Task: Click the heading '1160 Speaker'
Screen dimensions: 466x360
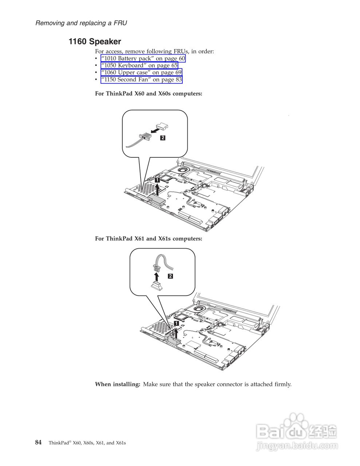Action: point(95,42)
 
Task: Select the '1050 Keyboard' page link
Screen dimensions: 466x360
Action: point(139,66)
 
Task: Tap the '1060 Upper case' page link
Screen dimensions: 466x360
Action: point(141,72)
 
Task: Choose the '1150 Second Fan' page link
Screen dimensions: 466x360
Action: point(142,79)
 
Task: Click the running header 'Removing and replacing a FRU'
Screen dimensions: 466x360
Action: point(81,23)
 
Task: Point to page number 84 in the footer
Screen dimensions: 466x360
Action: point(38,442)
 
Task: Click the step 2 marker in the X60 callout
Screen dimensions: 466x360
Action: point(163,138)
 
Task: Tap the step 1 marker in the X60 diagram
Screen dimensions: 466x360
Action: point(157,179)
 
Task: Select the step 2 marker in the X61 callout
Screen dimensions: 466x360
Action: point(170,276)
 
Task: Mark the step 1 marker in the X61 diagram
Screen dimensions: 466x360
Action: point(176,323)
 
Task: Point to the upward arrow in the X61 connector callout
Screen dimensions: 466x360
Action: point(157,276)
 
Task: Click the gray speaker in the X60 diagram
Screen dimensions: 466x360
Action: point(157,199)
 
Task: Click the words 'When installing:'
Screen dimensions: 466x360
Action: point(118,384)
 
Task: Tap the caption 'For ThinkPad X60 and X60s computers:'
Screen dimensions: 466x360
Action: point(149,94)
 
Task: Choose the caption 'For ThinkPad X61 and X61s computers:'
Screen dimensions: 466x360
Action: point(149,238)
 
